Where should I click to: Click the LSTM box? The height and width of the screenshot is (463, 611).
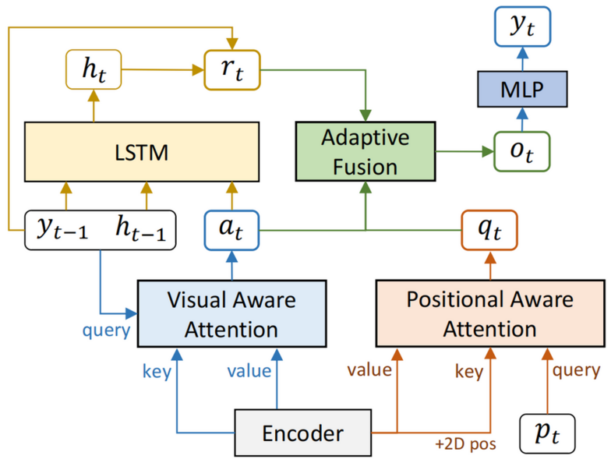click(142, 151)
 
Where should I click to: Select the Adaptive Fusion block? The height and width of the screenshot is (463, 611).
click(366, 151)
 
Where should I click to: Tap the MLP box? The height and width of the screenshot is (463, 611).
click(522, 89)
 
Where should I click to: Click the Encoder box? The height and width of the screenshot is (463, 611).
click(302, 433)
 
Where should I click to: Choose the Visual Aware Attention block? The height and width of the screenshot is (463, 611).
click(232, 313)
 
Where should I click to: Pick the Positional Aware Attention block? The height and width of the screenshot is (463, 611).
click(490, 313)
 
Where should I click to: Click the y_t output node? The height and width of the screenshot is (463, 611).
click(522, 27)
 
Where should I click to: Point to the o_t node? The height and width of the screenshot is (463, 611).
click(522, 151)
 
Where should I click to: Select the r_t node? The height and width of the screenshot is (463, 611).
click(232, 70)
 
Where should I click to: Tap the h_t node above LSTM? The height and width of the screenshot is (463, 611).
click(94, 69)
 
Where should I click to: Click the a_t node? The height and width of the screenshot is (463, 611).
click(232, 230)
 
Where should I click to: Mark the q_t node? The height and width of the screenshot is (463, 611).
click(489, 230)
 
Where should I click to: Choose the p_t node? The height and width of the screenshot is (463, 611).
click(547, 433)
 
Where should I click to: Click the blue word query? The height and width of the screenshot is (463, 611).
click(106, 330)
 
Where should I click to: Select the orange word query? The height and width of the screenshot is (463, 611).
click(576, 370)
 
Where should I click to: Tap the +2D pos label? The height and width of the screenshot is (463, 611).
click(466, 444)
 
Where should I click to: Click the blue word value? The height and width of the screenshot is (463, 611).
click(249, 371)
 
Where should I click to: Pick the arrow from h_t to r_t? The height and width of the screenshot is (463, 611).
click(163, 70)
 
